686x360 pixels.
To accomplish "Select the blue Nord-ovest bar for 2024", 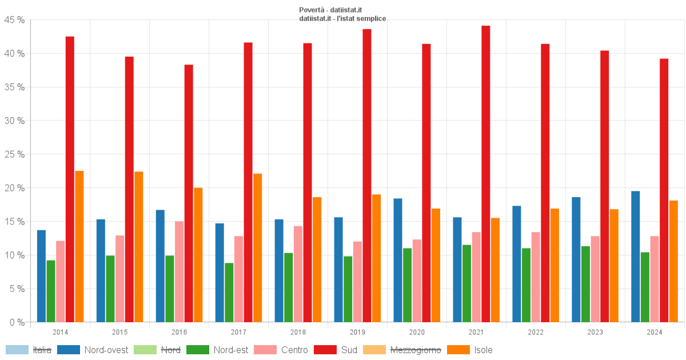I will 636,257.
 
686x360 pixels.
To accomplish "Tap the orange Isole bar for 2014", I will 79,246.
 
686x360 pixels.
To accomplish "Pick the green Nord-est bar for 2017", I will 229,293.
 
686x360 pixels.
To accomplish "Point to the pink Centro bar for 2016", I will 179,271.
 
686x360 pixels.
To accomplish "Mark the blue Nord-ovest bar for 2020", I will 398,260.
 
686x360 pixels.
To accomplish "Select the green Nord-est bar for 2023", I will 586,284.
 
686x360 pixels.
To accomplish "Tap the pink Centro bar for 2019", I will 357,282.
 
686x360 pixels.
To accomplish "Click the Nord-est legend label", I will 231,350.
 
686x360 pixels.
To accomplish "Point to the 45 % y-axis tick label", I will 14,20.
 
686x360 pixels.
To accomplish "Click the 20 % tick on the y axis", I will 14,188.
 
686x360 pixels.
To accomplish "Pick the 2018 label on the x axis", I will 298,332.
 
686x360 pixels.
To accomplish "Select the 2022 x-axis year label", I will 536,332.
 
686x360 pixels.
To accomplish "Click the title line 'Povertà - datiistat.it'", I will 330,10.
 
